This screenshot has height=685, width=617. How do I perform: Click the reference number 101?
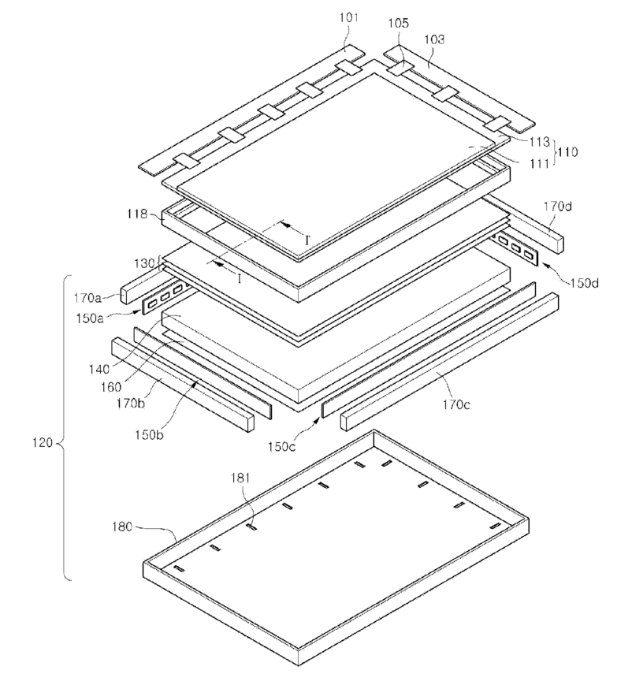pos(348,17)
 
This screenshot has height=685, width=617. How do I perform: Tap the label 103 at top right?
pos(434,39)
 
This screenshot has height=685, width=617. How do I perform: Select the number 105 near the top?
pos(398,23)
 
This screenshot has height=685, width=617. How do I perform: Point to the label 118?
pos(137,214)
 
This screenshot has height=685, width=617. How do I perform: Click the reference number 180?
pos(122,527)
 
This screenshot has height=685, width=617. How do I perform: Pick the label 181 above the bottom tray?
pos(240,478)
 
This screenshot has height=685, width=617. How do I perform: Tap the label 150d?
pos(584,283)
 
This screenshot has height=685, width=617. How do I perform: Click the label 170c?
pos(456,405)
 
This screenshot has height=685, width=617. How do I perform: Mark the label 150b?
pos(149,434)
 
